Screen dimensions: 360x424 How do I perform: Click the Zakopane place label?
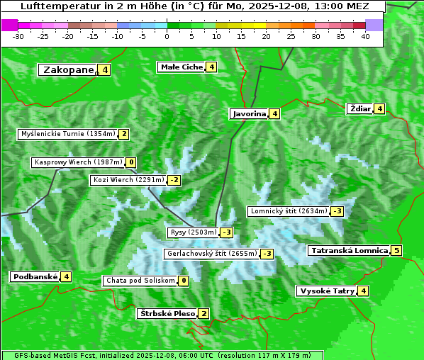pos(68,69)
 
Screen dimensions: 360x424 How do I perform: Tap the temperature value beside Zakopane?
pos(105,69)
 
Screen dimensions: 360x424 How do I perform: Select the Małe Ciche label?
pos(182,67)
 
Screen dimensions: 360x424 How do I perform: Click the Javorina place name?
pos(249,113)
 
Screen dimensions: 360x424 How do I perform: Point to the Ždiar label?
pos(360,108)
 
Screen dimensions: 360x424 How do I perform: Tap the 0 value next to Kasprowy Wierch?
pos(131,162)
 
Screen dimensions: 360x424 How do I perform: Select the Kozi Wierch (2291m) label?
pos(128,180)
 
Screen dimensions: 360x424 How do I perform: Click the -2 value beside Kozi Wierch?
pos(174,180)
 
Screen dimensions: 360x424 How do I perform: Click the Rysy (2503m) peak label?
pos(193,232)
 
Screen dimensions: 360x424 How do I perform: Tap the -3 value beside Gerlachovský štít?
pos(267,254)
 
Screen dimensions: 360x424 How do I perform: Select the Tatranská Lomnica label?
pos(349,250)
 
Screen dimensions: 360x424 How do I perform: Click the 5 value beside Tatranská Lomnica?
pos(396,250)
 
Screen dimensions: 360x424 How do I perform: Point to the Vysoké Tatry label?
pos(326,291)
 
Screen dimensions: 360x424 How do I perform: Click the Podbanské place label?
pos(34,276)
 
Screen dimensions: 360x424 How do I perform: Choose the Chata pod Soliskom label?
pos(140,281)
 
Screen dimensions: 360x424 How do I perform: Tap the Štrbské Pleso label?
pos(167,313)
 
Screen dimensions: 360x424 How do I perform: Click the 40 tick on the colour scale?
pos(365,35)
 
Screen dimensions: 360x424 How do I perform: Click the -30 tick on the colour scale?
pos(18,35)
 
